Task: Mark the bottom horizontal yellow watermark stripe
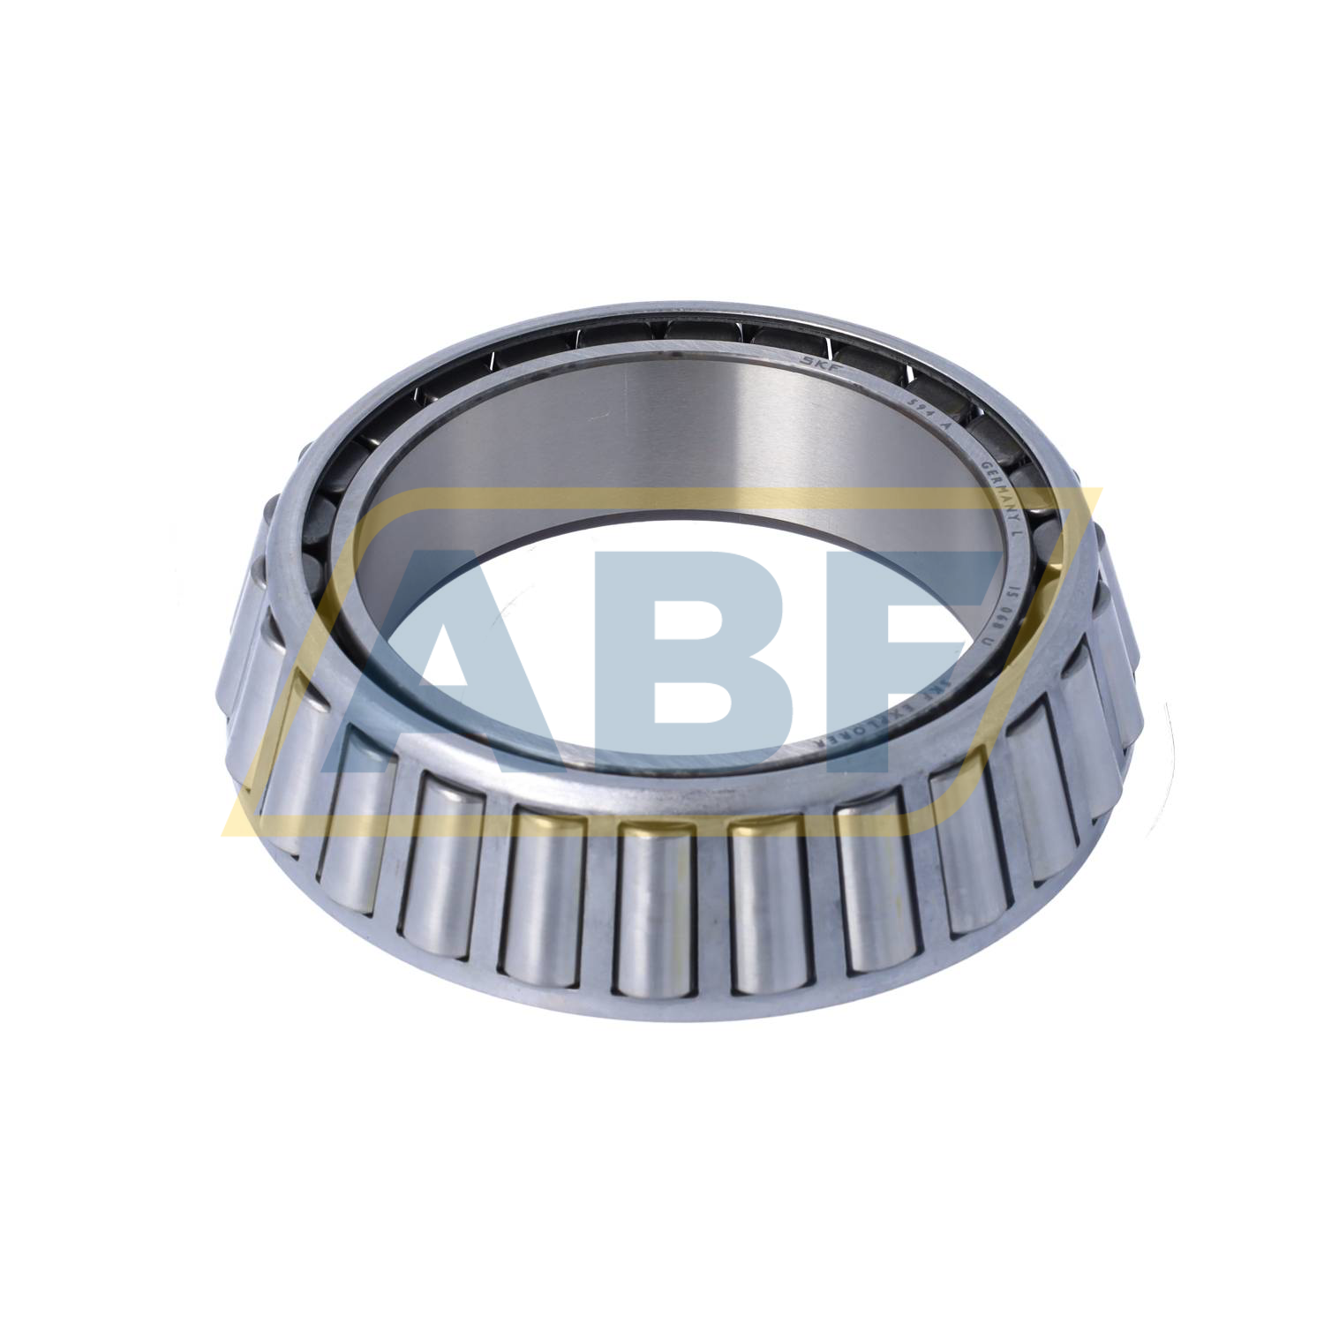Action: tap(618, 825)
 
